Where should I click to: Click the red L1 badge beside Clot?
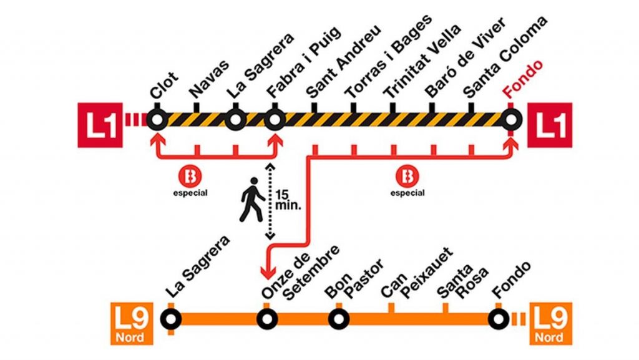coord(100,125)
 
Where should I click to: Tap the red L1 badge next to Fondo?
coord(550,125)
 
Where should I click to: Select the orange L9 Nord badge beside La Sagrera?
coord(132,324)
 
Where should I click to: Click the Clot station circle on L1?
coord(157,120)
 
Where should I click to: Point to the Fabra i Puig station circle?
coord(275,120)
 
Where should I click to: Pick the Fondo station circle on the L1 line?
coord(511,120)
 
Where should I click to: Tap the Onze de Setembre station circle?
coord(267,319)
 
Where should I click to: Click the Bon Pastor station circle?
coord(339,319)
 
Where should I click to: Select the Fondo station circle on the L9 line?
coord(498,319)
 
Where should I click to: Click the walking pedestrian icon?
coord(251,200)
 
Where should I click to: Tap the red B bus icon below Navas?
coord(190,177)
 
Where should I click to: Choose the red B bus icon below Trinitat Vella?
coord(407,177)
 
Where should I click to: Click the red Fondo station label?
coord(523,79)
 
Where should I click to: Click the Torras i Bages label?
coord(388,56)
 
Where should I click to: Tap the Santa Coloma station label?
coord(505,57)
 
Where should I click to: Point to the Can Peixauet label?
coord(416,273)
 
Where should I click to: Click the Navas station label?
coord(209,80)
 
